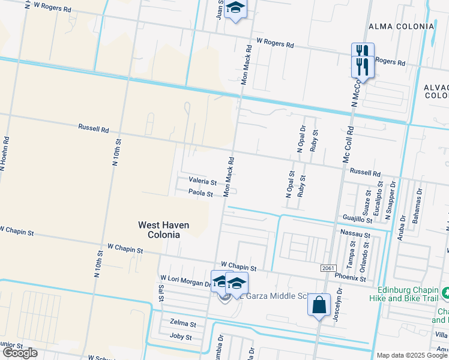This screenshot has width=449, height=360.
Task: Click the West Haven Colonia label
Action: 163,230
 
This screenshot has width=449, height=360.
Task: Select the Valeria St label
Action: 202,181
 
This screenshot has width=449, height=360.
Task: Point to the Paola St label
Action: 200,193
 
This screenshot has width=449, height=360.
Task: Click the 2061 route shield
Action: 327,268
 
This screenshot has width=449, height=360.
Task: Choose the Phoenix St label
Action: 351,278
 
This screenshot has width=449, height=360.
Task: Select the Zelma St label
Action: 183,323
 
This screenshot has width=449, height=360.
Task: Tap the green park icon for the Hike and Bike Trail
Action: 445,293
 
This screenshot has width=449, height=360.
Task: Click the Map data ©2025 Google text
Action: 412,355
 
